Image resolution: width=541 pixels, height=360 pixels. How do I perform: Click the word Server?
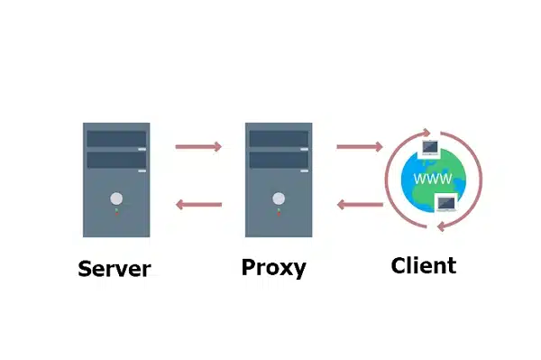(x=115, y=269)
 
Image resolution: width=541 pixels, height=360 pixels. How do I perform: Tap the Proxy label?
(x=273, y=267)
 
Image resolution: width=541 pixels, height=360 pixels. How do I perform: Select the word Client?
(x=424, y=265)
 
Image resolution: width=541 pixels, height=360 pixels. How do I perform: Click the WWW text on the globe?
(x=433, y=179)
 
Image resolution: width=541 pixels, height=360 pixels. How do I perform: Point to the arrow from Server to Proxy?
(x=198, y=147)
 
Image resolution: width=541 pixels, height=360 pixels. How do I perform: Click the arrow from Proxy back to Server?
(x=198, y=205)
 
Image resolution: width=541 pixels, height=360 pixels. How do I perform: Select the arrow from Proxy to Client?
(x=360, y=147)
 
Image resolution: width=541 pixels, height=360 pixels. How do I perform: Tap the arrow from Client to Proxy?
(x=360, y=205)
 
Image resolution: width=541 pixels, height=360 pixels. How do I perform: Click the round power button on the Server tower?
(x=116, y=198)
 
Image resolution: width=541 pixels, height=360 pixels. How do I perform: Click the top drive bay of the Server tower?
(x=116, y=139)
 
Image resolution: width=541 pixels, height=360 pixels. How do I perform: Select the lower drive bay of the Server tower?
(x=116, y=161)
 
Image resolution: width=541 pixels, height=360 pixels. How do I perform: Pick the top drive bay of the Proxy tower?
(x=279, y=139)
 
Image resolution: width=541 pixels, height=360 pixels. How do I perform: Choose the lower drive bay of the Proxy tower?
(x=279, y=161)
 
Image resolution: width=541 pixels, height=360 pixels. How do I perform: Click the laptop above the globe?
(x=430, y=148)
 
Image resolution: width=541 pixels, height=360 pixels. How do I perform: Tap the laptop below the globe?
(x=447, y=203)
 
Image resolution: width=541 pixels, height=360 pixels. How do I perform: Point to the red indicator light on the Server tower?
(x=116, y=214)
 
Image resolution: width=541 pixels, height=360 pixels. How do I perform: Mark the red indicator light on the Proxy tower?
(x=279, y=214)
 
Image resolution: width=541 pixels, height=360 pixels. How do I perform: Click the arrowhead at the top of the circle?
(x=426, y=133)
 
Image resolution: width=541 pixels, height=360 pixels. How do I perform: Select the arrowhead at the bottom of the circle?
(x=441, y=226)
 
